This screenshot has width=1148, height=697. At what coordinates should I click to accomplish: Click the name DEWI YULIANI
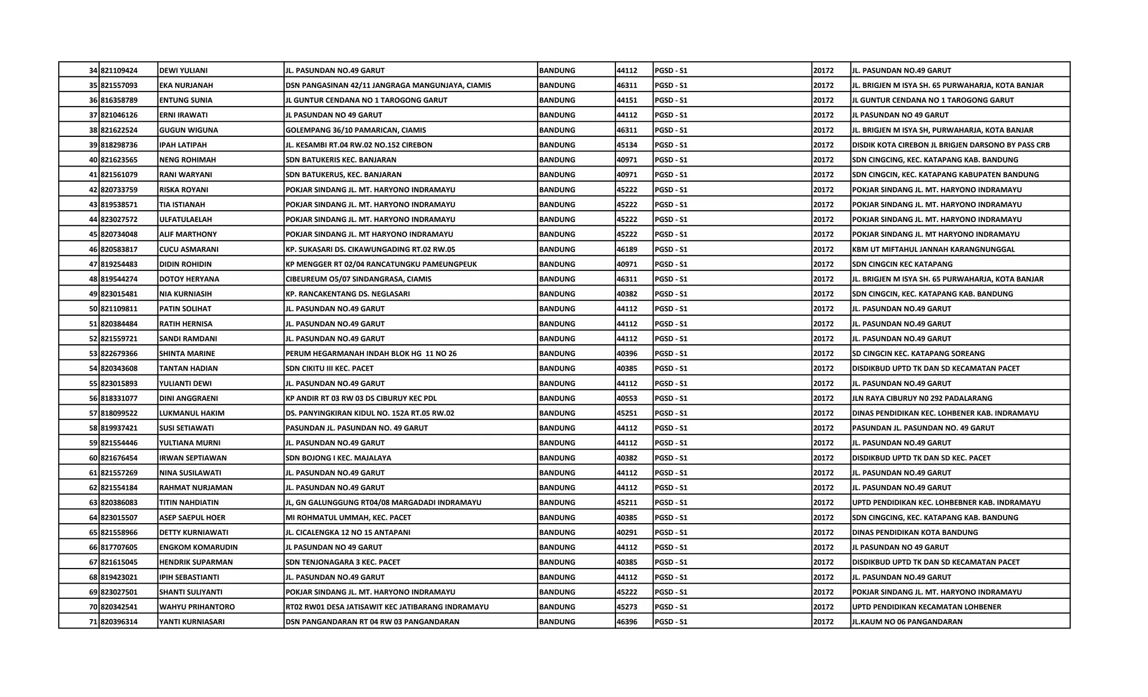(183, 71)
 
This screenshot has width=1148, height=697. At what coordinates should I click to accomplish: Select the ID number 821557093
(119, 85)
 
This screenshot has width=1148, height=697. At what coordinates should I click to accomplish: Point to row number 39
(93, 145)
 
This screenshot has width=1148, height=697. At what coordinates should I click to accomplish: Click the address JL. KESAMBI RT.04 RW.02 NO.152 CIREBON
(359, 145)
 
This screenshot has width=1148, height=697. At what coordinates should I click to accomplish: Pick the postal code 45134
(627, 145)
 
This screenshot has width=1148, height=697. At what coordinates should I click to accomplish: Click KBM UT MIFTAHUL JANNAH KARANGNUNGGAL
(933, 249)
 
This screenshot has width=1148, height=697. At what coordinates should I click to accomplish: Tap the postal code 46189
(627, 249)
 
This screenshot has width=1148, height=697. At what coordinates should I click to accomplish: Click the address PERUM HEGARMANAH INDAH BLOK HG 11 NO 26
(371, 353)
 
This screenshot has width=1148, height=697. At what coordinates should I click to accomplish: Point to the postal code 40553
(627, 398)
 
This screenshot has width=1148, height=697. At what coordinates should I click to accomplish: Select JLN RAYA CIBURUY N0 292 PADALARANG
(922, 398)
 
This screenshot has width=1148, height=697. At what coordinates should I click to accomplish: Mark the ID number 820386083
(119, 502)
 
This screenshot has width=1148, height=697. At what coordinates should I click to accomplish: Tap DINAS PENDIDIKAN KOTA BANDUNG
(915, 532)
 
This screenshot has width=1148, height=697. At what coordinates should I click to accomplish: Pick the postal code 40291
(627, 532)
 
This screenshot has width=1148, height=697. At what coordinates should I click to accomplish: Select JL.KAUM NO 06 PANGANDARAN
(907, 621)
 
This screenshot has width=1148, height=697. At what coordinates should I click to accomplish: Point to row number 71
(93, 621)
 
